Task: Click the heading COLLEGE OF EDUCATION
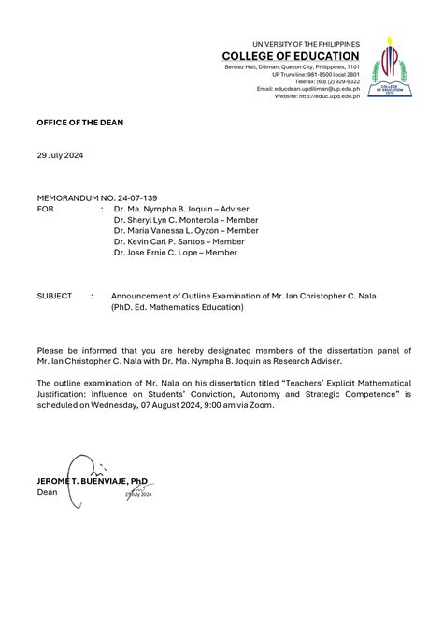[291, 56]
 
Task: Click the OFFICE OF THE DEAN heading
[79, 123]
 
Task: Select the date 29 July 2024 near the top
[60, 155]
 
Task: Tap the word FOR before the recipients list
[45, 210]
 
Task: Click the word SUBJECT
[54, 296]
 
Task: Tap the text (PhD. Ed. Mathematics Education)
[177, 307]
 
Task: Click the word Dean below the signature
[47, 491]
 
